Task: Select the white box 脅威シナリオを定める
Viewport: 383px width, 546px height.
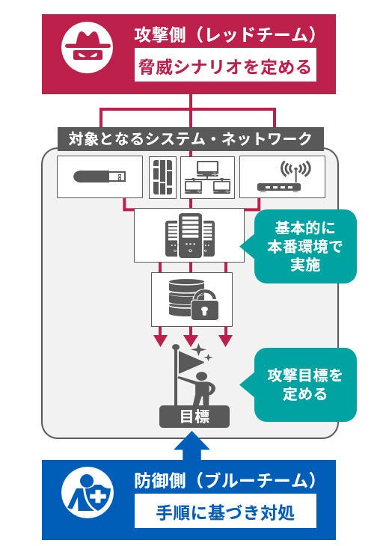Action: click(x=224, y=68)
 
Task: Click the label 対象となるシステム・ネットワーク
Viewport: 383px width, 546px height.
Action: click(x=191, y=138)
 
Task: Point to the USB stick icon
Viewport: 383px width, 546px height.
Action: click(x=100, y=177)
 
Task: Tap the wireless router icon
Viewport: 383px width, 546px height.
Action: click(x=283, y=177)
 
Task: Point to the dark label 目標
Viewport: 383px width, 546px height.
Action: click(x=191, y=417)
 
